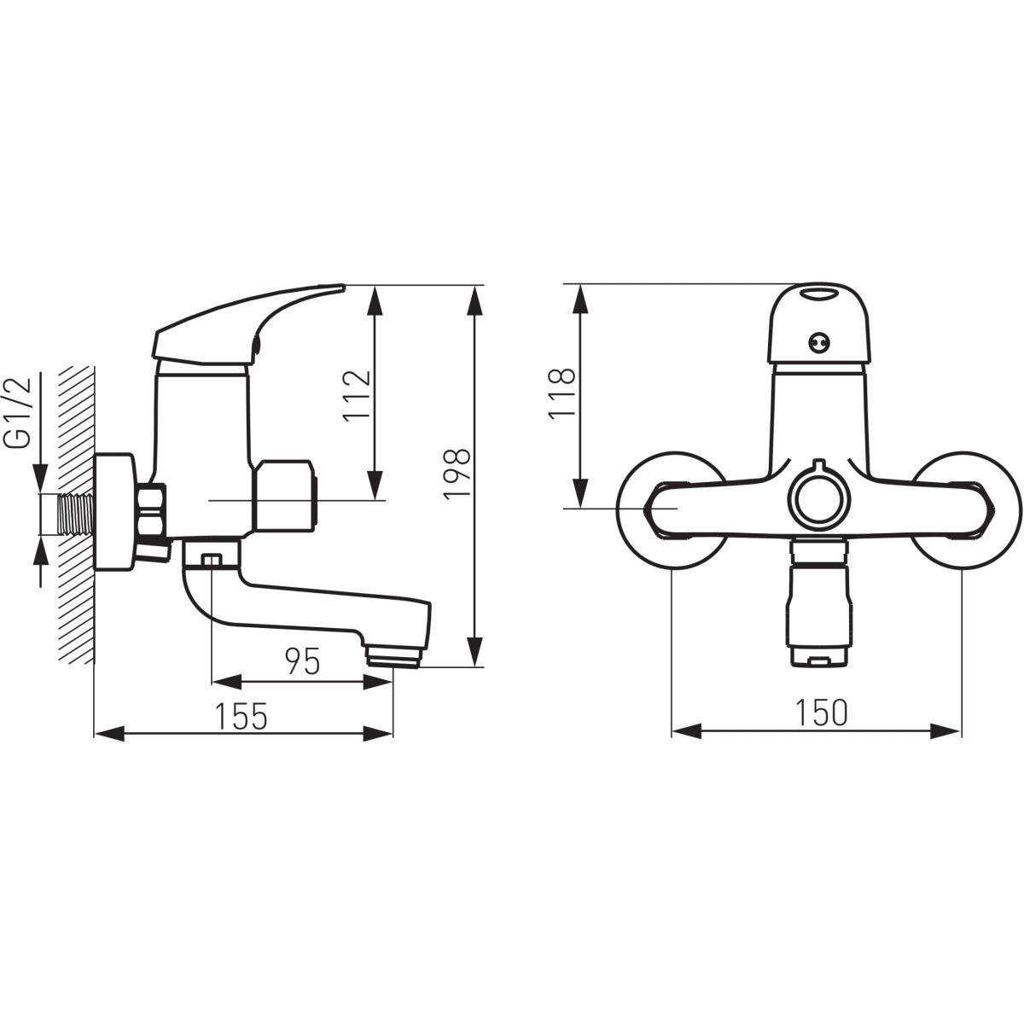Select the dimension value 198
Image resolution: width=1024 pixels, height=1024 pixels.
[x=457, y=468]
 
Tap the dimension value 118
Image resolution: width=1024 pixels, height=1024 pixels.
[x=562, y=393]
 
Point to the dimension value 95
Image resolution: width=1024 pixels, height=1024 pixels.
[x=302, y=661]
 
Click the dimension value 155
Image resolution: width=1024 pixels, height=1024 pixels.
[x=241, y=716]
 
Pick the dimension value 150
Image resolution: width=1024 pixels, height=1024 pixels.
[x=821, y=713]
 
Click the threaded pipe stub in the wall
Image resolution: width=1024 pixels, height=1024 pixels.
[x=77, y=515]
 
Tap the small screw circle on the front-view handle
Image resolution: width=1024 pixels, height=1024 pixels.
[x=818, y=343]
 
